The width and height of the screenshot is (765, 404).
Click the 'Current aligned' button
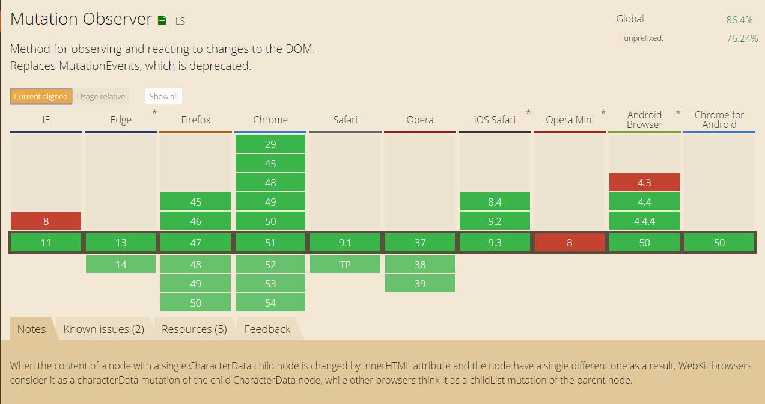coord(41,96)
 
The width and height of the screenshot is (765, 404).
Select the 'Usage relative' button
coord(101,96)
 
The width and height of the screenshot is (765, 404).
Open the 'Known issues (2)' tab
coord(104,329)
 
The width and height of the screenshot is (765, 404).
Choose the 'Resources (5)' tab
coord(194,329)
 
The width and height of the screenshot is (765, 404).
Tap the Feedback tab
coord(267,329)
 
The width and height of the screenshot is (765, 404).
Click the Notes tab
coord(32,329)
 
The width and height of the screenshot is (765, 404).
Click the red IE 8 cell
coord(46,221)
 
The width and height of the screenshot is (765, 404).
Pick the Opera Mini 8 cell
coord(569,243)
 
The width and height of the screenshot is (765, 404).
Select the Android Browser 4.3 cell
coord(644,183)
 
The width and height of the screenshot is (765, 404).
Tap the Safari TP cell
coord(345,265)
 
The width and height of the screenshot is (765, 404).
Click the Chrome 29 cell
coord(270,144)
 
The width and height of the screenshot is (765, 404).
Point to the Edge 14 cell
coord(121,265)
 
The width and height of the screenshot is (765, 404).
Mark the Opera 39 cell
coord(420,284)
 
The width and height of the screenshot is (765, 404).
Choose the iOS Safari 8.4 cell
coord(495,202)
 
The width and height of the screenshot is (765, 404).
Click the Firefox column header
coord(196,120)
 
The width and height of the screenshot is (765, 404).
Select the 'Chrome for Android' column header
coord(719,120)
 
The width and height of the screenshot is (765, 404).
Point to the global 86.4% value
coord(739,20)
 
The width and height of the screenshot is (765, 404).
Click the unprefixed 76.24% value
coord(742,38)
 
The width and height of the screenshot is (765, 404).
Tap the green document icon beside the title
coord(162,21)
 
